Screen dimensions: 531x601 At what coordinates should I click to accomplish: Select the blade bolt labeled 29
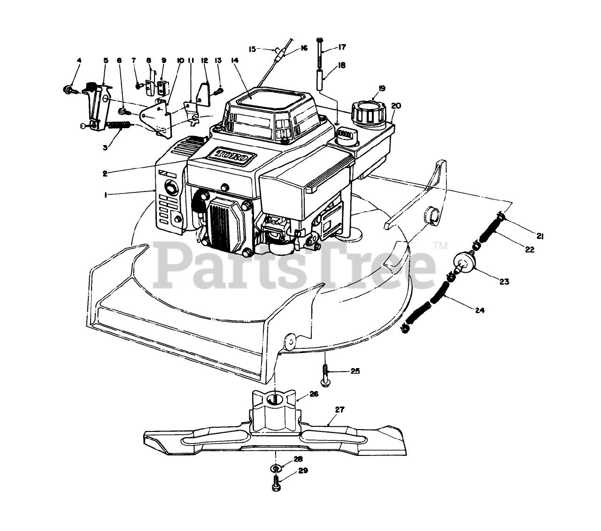point(276,483)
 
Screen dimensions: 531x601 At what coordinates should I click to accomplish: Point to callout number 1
point(106,194)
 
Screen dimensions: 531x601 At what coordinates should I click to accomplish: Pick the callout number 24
point(479,310)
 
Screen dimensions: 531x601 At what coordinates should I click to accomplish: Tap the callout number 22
point(530,250)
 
